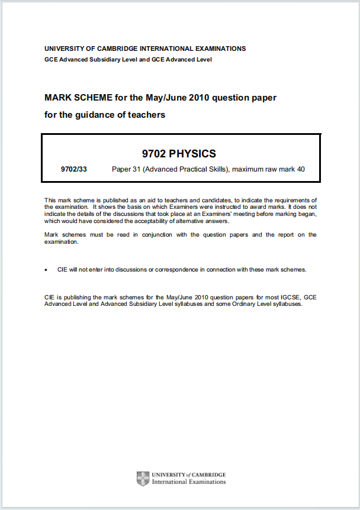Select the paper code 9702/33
click(73, 170)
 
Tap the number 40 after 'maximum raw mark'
click(300, 170)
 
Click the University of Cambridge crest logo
click(143, 478)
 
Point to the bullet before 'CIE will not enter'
click(46, 269)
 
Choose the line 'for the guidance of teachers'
click(105, 115)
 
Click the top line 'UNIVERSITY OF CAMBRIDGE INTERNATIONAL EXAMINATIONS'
click(145, 49)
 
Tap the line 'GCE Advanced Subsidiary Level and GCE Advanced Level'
click(128, 59)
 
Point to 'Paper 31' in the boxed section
click(125, 170)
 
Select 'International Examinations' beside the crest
click(189, 482)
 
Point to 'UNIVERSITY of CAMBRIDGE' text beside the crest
click(189, 475)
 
